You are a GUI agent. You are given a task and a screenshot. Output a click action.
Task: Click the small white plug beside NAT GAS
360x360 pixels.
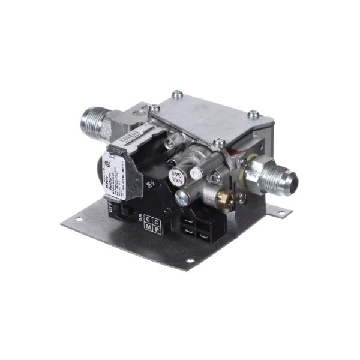195,172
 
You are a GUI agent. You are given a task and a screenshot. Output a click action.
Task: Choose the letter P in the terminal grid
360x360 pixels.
157,229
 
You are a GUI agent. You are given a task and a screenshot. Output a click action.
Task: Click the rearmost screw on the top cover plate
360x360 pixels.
176,94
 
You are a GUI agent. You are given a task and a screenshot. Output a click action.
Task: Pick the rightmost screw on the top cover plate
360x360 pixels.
253,113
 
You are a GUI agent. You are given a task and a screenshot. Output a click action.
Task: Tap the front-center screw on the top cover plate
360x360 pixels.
220,143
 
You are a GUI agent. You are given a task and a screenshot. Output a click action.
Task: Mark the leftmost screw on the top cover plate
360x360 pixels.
155,109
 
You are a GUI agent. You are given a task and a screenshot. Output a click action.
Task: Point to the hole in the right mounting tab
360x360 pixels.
281,211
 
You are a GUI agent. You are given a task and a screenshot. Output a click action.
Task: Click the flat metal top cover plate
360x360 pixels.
207,117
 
